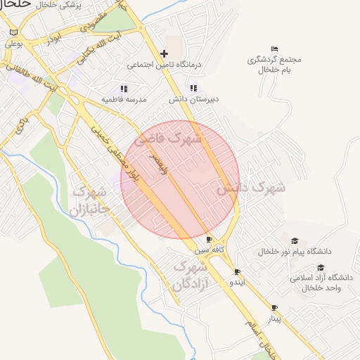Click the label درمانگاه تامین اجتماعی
coord(164,65)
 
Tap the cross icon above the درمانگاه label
coord(164,53)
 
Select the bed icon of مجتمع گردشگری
coord(274,49)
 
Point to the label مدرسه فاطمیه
coord(124,100)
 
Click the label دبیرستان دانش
coord(193,100)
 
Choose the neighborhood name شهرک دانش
coord(250,188)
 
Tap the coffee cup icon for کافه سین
coord(209,240)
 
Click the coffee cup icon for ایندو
coord(237,271)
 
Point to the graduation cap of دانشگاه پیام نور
coord(295,240)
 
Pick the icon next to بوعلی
coord(13,32)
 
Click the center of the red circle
coord(180,180)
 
